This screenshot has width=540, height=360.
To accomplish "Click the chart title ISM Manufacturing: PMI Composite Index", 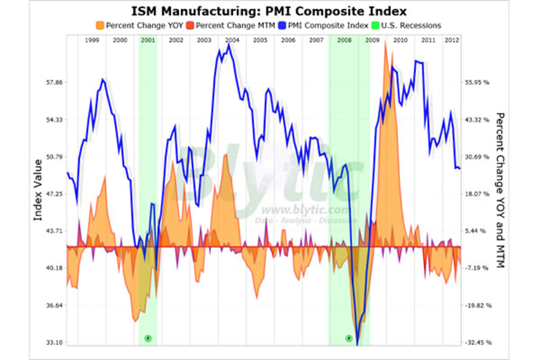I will (269, 11).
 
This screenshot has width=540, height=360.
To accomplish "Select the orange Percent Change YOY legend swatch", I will (100, 26).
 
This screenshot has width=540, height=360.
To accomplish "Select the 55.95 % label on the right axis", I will (478, 82).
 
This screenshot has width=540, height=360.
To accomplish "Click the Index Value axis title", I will (38, 190).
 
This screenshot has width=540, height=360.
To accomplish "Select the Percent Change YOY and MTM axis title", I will (499, 190).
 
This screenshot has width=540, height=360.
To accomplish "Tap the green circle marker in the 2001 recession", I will (148, 338).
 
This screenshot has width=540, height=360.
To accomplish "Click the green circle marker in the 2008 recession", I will (349, 338).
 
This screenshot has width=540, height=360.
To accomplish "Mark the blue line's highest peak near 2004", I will (229, 45).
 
